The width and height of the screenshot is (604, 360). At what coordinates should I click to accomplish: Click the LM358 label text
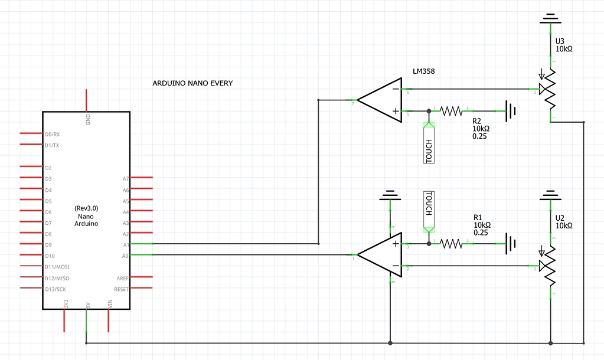[424, 71]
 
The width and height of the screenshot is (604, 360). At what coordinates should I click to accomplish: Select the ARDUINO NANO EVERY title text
[192, 83]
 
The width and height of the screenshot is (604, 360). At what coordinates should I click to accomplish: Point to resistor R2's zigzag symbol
[452, 110]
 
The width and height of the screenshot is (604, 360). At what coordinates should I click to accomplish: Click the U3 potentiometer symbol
[551, 89]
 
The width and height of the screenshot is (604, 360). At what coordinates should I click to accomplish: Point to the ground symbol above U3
[551, 19]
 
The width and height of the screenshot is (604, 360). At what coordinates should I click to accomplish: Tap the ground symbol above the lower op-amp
[390, 195]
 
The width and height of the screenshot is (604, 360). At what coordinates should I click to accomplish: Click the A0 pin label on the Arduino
[125, 255]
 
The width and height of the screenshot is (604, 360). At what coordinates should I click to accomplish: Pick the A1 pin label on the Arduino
[125, 244]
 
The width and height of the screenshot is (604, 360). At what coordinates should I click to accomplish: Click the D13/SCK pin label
[56, 289]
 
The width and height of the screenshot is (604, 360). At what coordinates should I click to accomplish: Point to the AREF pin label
[122, 278]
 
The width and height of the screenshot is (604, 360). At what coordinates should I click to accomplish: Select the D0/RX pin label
[52, 134]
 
